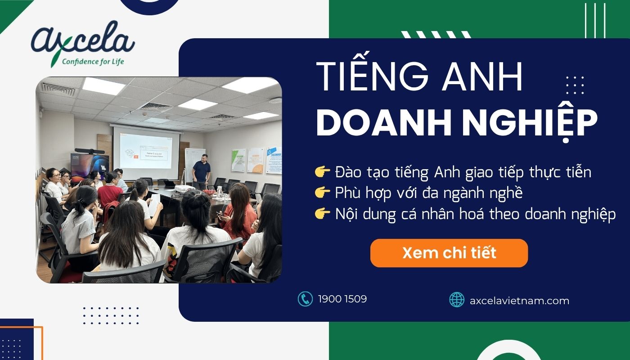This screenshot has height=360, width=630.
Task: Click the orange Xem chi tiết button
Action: click(449, 253)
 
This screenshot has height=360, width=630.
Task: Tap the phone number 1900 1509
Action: click(342, 299)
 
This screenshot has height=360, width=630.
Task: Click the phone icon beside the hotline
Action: click(305, 299)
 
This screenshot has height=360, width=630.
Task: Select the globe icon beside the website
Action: click(457, 300)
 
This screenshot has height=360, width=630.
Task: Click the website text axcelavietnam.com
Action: click(519, 300)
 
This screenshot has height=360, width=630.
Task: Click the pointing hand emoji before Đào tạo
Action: click(323, 172)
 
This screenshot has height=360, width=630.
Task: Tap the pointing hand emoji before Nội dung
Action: click(323, 215)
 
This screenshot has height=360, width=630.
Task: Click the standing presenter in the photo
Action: click(201, 171)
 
